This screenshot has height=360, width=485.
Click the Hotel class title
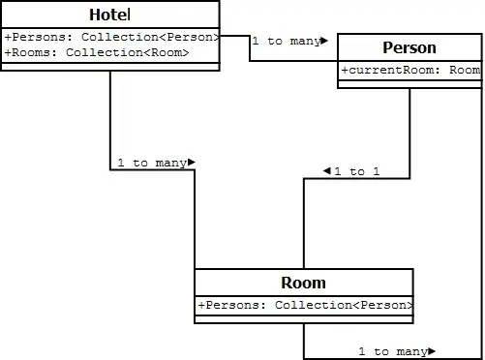pyautogui.click(x=110, y=15)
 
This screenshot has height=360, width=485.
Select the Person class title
pyautogui.click(x=409, y=47)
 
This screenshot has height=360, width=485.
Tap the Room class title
pyautogui.click(x=303, y=283)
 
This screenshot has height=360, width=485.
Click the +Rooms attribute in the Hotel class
pyautogui.click(x=97, y=52)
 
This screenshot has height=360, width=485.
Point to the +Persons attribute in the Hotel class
pyautogui.click(x=111, y=37)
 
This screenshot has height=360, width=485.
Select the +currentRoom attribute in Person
pyautogui.click(x=410, y=70)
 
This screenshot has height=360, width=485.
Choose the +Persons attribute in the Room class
pyautogui.click(x=305, y=305)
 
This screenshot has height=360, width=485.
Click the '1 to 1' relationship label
pyautogui.click(x=357, y=171)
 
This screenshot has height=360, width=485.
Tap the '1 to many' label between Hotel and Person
pyautogui.click(x=287, y=42)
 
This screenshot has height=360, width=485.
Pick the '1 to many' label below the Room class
pyautogui.click(x=393, y=351)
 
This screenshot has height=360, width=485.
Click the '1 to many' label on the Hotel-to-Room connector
pyautogui.click(x=152, y=163)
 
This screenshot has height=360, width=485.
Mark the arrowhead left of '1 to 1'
pyautogui.click(x=327, y=170)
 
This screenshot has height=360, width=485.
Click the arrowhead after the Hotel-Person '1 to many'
pyautogui.click(x=324, y=41)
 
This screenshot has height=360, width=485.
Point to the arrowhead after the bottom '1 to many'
pyautogui.click(x=432, y=351)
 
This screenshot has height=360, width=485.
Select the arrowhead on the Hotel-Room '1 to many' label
pyautogui.click(x=192, y=162)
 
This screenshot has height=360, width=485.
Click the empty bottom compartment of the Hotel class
pyautogui.click(x=110, y=67)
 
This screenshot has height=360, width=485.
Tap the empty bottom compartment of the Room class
pyautogui.click(x=304, y=319)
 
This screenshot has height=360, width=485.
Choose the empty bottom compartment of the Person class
pyautogui.click(x=409, y=84)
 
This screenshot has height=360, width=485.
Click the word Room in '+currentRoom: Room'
pyautogui.click(x=465, y=70)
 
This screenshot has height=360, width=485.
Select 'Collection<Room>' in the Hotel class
pyautogui.click(x=128, y=52)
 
